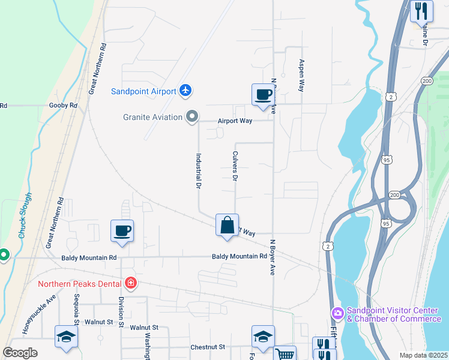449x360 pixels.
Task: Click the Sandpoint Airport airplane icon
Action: point(185,91)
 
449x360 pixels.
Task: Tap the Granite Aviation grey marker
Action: point(192,116)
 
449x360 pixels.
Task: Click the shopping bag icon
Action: point(227,226)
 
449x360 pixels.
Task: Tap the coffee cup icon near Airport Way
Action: point(263,95)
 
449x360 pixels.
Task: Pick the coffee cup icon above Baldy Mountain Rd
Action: point(122,231)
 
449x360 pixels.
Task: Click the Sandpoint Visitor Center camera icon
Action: point(337,313)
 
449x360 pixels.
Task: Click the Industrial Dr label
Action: point(197,170)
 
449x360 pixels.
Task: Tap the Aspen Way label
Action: point(301,75)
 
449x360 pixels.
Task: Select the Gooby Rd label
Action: point(65,106)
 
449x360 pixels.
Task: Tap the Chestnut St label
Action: point(207,347)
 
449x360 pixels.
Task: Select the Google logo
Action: point(20,353)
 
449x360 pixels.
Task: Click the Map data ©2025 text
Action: point(423,355)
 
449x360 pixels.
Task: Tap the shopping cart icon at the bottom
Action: point(285,354)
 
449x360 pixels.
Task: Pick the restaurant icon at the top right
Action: point(421,11)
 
